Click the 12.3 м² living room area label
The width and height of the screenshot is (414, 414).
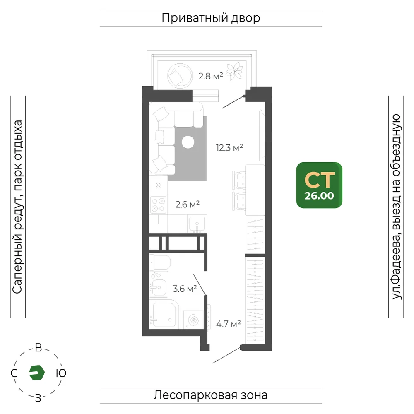[x=229, y=148]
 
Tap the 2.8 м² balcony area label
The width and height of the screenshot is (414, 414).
[x=211, y=76]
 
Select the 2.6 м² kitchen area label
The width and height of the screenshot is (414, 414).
[x=188, y=204]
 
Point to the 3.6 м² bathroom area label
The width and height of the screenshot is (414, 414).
[x=185, y=289]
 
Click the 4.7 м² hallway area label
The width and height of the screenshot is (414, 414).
[x=229, y=324]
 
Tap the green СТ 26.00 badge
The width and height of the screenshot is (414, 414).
[x=319, y=185]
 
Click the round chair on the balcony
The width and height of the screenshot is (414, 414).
[x=180, y=76]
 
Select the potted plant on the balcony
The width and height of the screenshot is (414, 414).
[x=234, y=71]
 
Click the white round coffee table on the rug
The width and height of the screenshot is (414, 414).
[x=188, y=142]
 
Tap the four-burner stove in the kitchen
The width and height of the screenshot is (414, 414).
[x=158, y=205]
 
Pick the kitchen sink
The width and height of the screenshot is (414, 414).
[x=197, y=224]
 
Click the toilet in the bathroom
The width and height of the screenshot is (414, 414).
[x=160, y=262]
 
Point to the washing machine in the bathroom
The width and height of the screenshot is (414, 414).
[x=193, y=320]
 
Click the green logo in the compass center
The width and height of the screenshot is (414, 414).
[x=37, y=373]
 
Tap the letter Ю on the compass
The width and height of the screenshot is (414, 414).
[x=61, y=373]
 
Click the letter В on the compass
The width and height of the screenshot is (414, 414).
[x=39, y=348]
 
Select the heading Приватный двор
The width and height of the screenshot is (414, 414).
[x=211, y=18]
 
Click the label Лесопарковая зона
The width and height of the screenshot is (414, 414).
[x=211, y=395]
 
